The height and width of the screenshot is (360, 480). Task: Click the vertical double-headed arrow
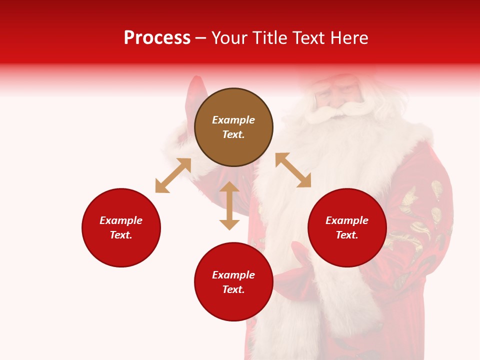coord(229,205)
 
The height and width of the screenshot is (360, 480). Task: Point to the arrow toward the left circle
coord(173,175)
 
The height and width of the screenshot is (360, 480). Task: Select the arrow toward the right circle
coord(293,170)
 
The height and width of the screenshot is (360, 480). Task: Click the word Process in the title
coord(157,38)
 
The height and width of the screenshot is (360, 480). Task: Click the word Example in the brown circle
coord(233,120)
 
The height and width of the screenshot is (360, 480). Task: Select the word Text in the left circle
coord(121,235)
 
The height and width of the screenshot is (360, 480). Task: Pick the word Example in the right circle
coord(347,220)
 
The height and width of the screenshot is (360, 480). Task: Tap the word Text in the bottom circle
coord(233,289)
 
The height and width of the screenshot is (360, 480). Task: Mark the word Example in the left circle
coord(121,220)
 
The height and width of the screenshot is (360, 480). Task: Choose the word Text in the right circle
coord(347,235)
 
